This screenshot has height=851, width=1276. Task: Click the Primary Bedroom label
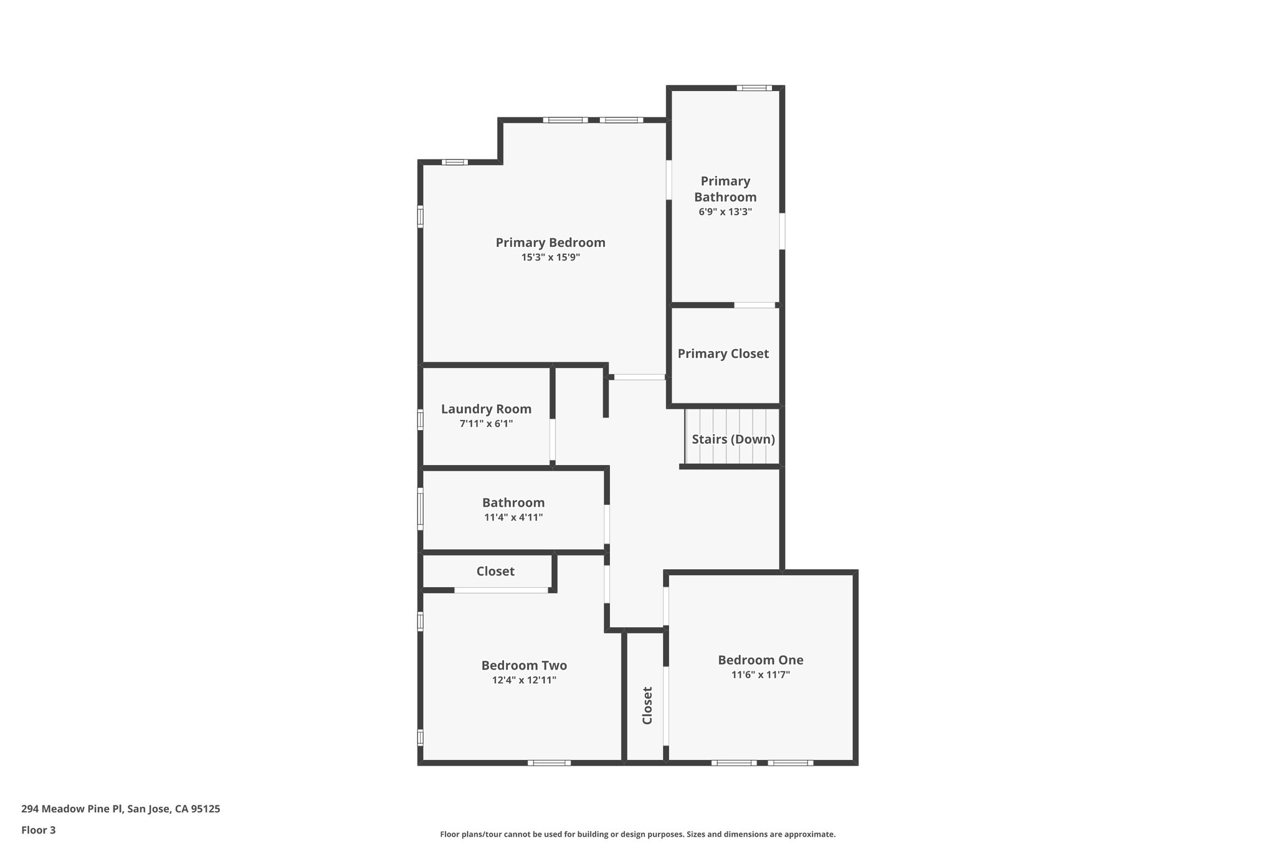(550, 243)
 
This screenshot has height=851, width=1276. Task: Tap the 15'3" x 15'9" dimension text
(550, 257)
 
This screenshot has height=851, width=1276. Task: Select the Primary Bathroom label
(725, 189)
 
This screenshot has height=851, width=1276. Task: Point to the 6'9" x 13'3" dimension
(725, 212)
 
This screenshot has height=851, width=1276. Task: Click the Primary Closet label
(723, 353)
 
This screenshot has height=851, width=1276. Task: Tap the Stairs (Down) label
(733, 439)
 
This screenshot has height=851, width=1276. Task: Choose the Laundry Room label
(486, 409)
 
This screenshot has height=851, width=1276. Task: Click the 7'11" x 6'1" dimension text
(486, 424)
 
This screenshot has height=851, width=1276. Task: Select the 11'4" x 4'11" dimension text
(513, 517)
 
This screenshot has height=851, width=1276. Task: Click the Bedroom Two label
(524, 665)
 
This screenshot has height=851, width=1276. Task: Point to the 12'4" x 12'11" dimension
(524, 680)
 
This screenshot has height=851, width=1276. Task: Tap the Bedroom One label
(760, 660)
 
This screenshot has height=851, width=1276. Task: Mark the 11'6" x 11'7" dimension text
(760, 675)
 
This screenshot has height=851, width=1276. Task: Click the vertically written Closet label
(647, 705)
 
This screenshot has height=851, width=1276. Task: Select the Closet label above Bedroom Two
(495, 571)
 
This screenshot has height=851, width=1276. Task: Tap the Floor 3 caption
(39, 830)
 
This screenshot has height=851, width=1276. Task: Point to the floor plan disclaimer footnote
(637, 834)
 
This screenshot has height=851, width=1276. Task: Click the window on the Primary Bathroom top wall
(754, 88)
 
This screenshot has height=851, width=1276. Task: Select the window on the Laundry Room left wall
(421, 419)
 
